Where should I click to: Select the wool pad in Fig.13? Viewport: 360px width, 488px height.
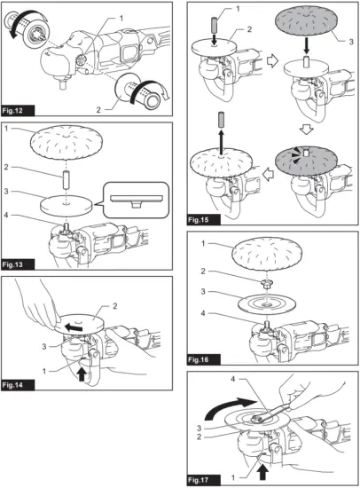[71, 142]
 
